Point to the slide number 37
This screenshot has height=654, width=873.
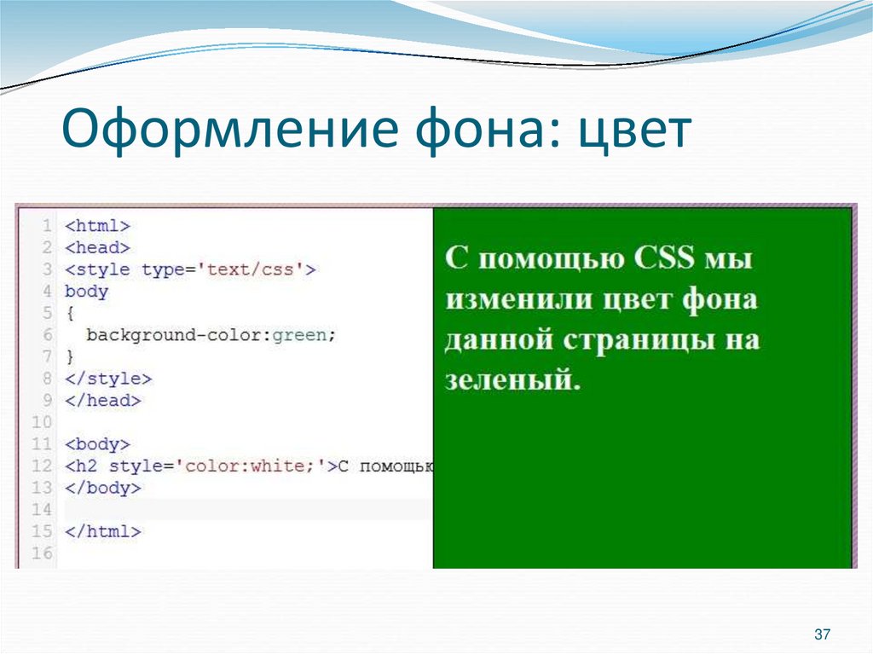(823, 634)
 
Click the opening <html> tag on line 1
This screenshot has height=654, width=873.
(97, 226)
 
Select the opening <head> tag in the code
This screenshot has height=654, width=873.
(97, 248)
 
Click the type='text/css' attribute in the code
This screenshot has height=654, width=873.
(223, 269)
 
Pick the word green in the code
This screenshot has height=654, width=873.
(299, 335)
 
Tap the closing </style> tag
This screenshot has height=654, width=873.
(108, 379)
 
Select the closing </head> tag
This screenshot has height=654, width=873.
(103, 400)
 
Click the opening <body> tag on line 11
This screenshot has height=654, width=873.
(97, 444)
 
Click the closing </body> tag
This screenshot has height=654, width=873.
(103, 488)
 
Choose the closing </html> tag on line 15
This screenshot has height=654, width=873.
(103, 531)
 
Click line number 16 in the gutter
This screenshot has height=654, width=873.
(42, 553)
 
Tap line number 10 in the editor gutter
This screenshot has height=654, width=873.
(42, 422)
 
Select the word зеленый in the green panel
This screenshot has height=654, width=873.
(512, 379)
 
